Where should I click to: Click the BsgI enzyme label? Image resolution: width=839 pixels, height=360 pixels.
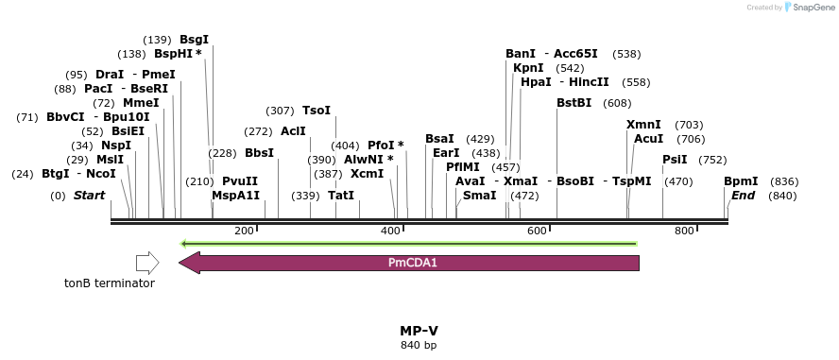[x=194, y=40]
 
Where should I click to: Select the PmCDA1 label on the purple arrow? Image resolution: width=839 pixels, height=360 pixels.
[x=413, y=263]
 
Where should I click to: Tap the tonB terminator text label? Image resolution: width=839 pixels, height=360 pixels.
[x=110, y=283]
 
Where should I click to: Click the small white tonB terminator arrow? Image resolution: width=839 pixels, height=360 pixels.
[x=147, y=263]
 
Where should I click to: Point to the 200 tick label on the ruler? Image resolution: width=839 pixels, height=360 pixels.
[x=244, y=231]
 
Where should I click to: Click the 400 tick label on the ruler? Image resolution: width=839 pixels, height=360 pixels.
[x=390, y=231]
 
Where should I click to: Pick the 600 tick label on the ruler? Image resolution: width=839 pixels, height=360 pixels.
[x=538, y=231]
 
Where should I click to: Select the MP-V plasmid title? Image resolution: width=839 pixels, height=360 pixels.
[x=419, y=331]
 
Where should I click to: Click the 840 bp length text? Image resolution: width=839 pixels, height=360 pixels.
[x=419, y=345]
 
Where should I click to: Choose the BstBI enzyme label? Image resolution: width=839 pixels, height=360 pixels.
[x=574, y=103]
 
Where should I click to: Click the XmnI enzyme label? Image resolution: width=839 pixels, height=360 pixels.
[x=643, y=125]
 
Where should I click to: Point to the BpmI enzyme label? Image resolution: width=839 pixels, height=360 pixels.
[x=741, y=181]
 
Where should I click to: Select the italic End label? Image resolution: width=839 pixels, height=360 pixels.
[x=743, y=196]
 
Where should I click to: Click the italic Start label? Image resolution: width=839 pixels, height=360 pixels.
[x=89, y=196]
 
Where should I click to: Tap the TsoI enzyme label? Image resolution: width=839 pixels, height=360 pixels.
[x=317, y=111]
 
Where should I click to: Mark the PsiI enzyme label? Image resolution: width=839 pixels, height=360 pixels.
[x=675, y=160]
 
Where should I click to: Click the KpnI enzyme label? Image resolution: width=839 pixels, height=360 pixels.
[x=528, y=68]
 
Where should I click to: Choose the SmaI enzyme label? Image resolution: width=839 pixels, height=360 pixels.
[x=479, y=196]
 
